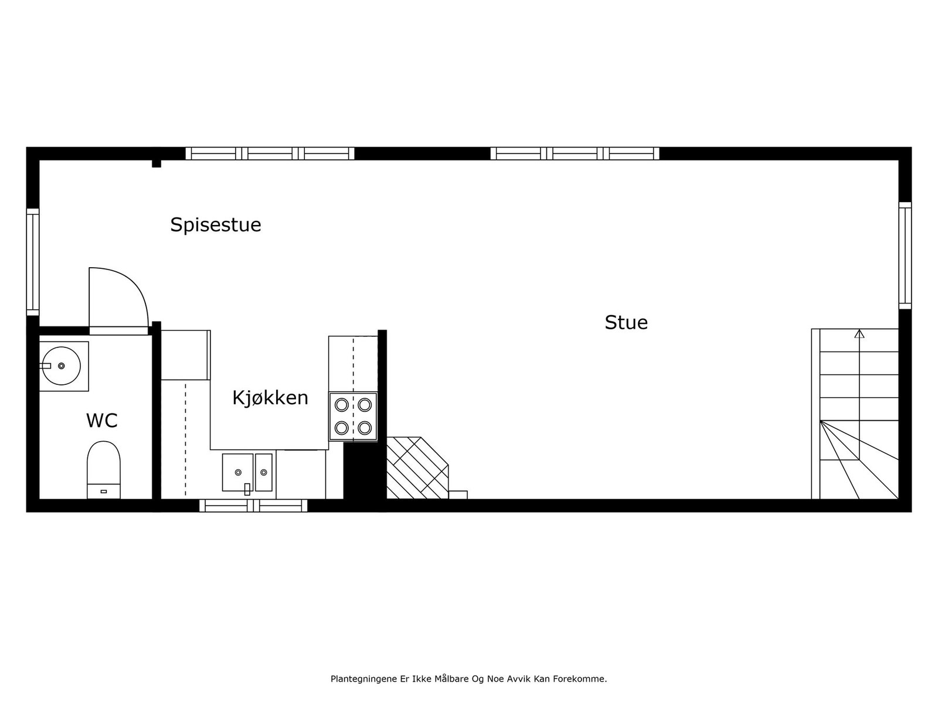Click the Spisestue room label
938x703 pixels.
pos(215,225)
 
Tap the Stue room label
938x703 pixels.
pos(626,323)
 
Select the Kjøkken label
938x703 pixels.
pos(270,398)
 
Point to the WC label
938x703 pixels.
pos(102,421)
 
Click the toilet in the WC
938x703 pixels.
pos(104,469)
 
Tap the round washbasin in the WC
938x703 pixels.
pos(62,366)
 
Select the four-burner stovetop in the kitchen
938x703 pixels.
pos(353,417)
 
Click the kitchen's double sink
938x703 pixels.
pos(247,472)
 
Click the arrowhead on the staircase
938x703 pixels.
pos(859,334)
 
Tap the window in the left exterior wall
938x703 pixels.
pos(33,261)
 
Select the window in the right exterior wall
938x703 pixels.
pos(905,255)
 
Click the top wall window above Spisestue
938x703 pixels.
pos(270,153)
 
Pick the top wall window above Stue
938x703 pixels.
pos(575,153)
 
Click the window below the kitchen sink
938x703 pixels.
pos(253,506)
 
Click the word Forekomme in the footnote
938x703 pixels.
pos(583,679)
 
